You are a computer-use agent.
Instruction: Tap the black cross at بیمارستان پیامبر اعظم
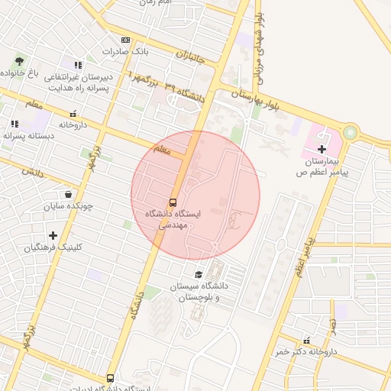[322, 148]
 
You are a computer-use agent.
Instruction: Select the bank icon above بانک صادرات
[125, 40]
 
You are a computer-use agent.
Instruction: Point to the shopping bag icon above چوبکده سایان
[69, 193]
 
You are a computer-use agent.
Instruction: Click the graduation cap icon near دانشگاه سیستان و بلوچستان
[199, 274]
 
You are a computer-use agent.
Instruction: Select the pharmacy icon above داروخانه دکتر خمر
[307, 340]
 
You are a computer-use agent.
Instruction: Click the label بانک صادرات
[124, 51]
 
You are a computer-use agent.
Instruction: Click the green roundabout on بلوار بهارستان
[349, 133]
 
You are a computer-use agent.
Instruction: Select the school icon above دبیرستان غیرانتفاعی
[77, 65]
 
